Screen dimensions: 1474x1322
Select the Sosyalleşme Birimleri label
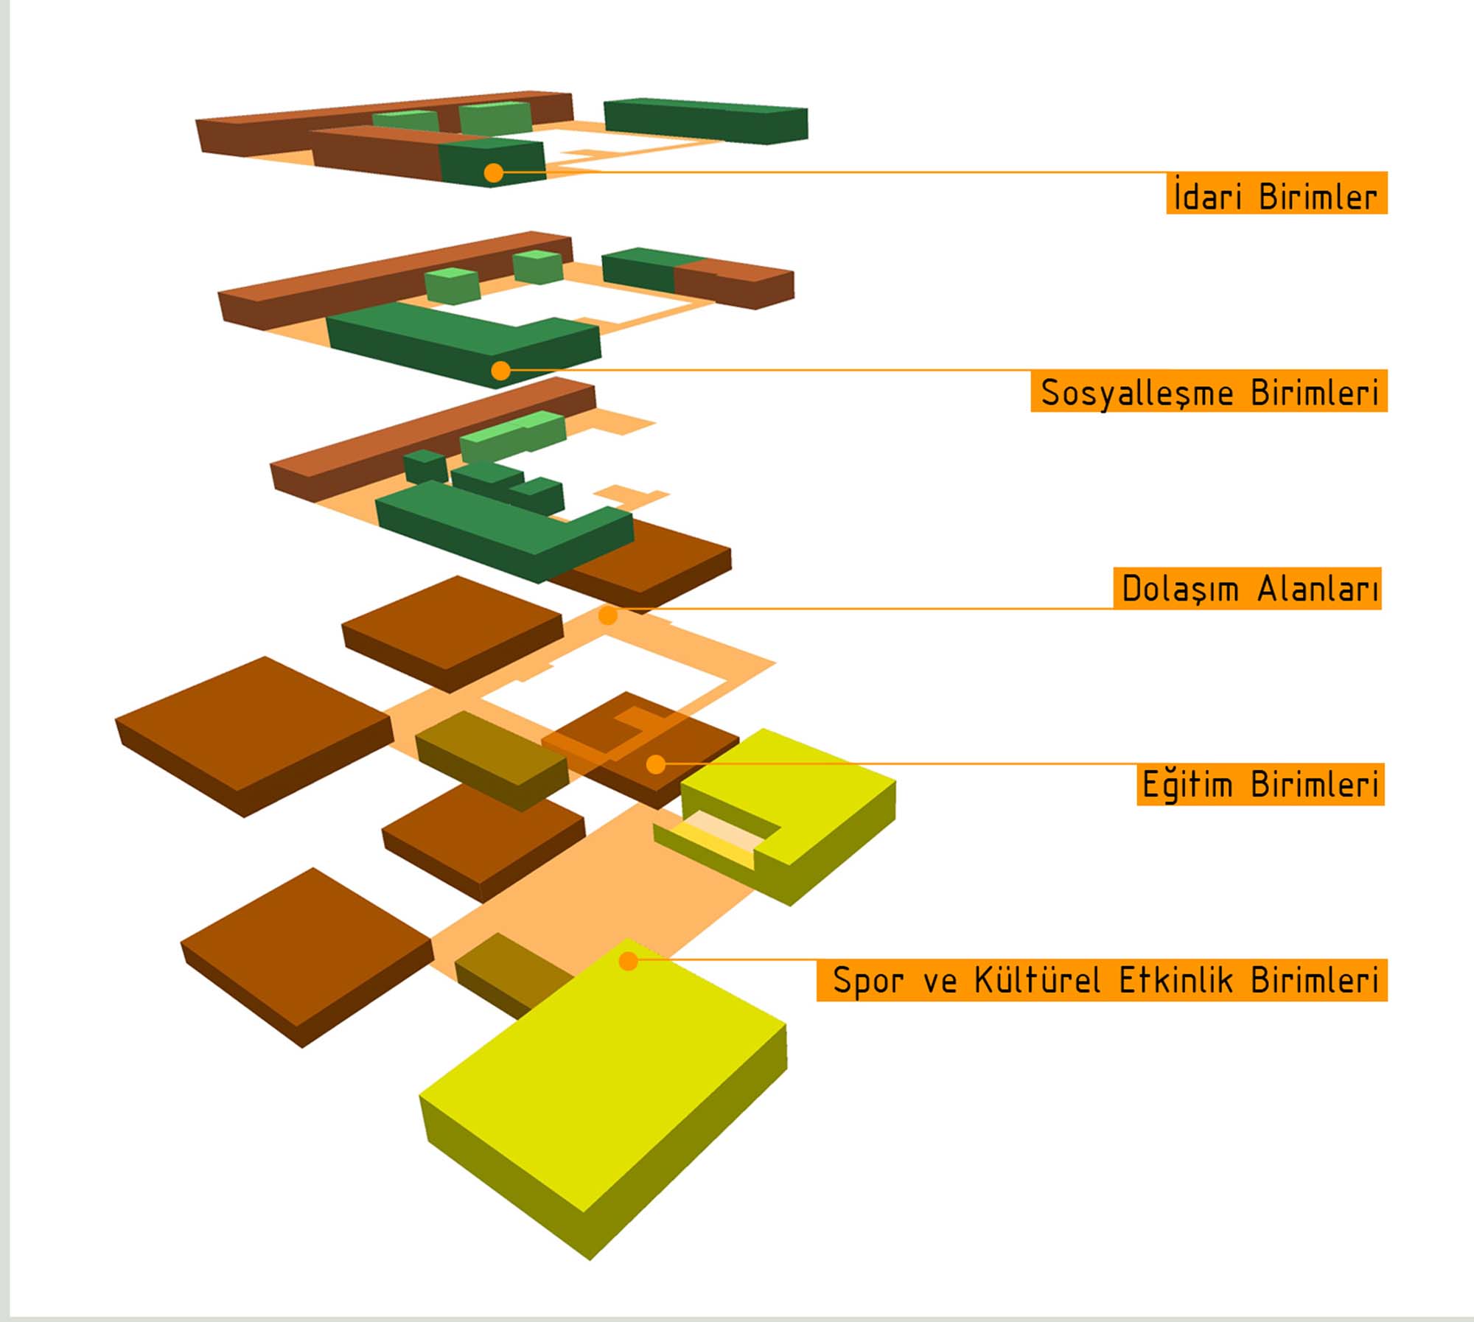1209,391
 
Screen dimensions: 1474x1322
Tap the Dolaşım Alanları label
1247,588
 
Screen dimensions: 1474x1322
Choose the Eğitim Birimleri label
1260,784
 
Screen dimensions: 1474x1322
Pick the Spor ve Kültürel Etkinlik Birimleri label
1102,980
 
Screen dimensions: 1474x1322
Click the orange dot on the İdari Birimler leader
494,173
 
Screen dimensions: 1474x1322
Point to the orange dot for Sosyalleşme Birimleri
501,371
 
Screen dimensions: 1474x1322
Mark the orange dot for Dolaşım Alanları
608,615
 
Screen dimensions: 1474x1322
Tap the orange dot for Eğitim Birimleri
655,765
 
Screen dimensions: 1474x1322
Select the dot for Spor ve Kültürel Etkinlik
628,961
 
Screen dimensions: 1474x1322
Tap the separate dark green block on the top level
706,121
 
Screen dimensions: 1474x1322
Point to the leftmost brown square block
254,737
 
